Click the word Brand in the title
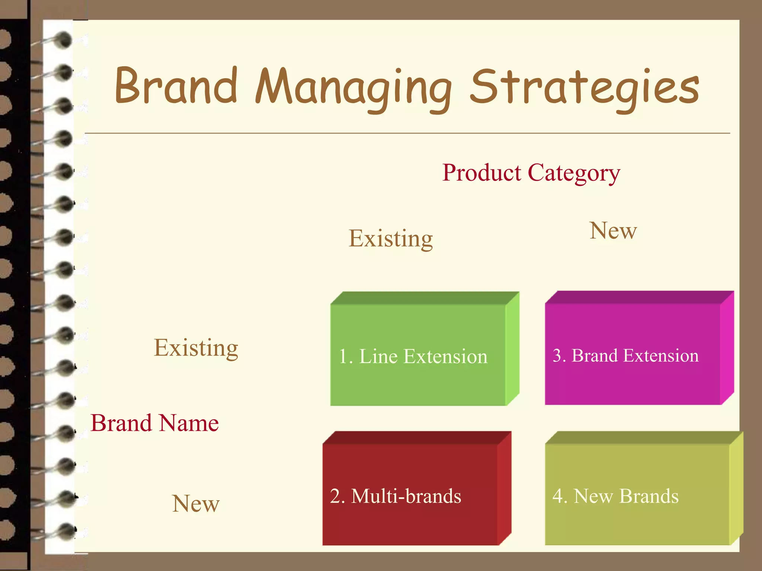coord(176,86)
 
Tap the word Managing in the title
coord(353,88)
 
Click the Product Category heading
coord(531,173)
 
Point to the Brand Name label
coord(154,423)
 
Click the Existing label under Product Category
coord(390,238)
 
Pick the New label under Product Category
coord(613,230)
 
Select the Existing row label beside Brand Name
coord(196,348)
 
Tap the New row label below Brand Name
coord(196,504)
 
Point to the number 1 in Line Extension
coord(343,357)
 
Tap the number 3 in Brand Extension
coord(557,356)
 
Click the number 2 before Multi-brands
coord(335,496)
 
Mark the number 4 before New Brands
coord(557,496)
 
